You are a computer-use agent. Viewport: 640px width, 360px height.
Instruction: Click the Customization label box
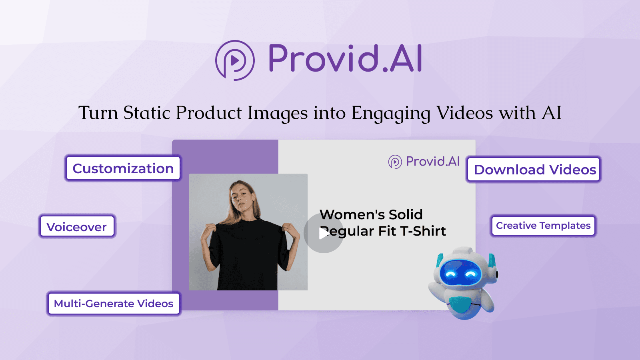point(123,168)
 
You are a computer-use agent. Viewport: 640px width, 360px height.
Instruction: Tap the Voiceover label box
point(77,226)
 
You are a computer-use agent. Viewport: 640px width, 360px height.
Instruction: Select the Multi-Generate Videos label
point(114,304)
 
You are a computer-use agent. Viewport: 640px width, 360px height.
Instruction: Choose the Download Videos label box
point(534,169)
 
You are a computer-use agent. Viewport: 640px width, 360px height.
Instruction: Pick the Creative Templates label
point(543,226)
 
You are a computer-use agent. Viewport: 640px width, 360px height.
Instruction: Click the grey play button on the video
point(323,233)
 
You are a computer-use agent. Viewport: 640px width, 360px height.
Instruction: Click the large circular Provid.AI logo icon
point(235,60)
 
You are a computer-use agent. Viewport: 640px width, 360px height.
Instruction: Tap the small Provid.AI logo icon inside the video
point(395,162)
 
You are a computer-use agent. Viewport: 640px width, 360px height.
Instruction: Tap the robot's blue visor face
point(460,273)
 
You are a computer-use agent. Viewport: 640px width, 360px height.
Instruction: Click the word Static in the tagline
point(147,113)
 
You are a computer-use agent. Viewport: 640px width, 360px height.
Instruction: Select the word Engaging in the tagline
point(391,113)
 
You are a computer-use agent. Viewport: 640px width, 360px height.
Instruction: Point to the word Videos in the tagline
point(464,113)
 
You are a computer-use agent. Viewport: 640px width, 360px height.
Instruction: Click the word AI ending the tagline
point(552,113)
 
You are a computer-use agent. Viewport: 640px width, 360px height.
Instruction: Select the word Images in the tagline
point(278,113)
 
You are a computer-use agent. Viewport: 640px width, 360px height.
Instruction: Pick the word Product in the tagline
point(209,113)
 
